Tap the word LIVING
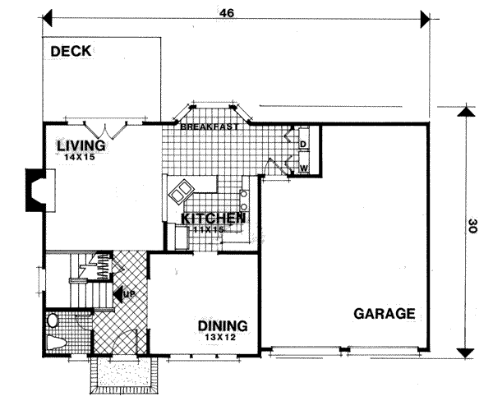[x=81, y=145]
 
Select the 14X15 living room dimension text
[x=81, y=156]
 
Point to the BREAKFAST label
[x=210, y=127]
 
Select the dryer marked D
[x=302, y=145]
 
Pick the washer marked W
[x=302, y=168]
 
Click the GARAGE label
[x=384, y=314]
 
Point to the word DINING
[x=223, y=325]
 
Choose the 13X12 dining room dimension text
[x=223, y=336]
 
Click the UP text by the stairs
[x=128, y=293]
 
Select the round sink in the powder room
[x=53, y=320]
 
